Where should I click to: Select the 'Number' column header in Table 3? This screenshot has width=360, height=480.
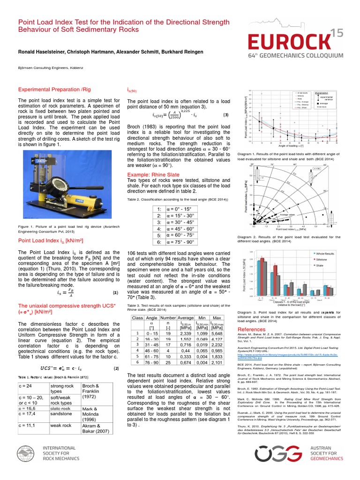pyautogui.click(x=167, y=317)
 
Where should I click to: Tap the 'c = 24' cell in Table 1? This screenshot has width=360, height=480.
pyautogui.click(x=33, y=386)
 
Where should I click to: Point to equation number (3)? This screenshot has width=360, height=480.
pyautogui.click(x=225, y=115)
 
